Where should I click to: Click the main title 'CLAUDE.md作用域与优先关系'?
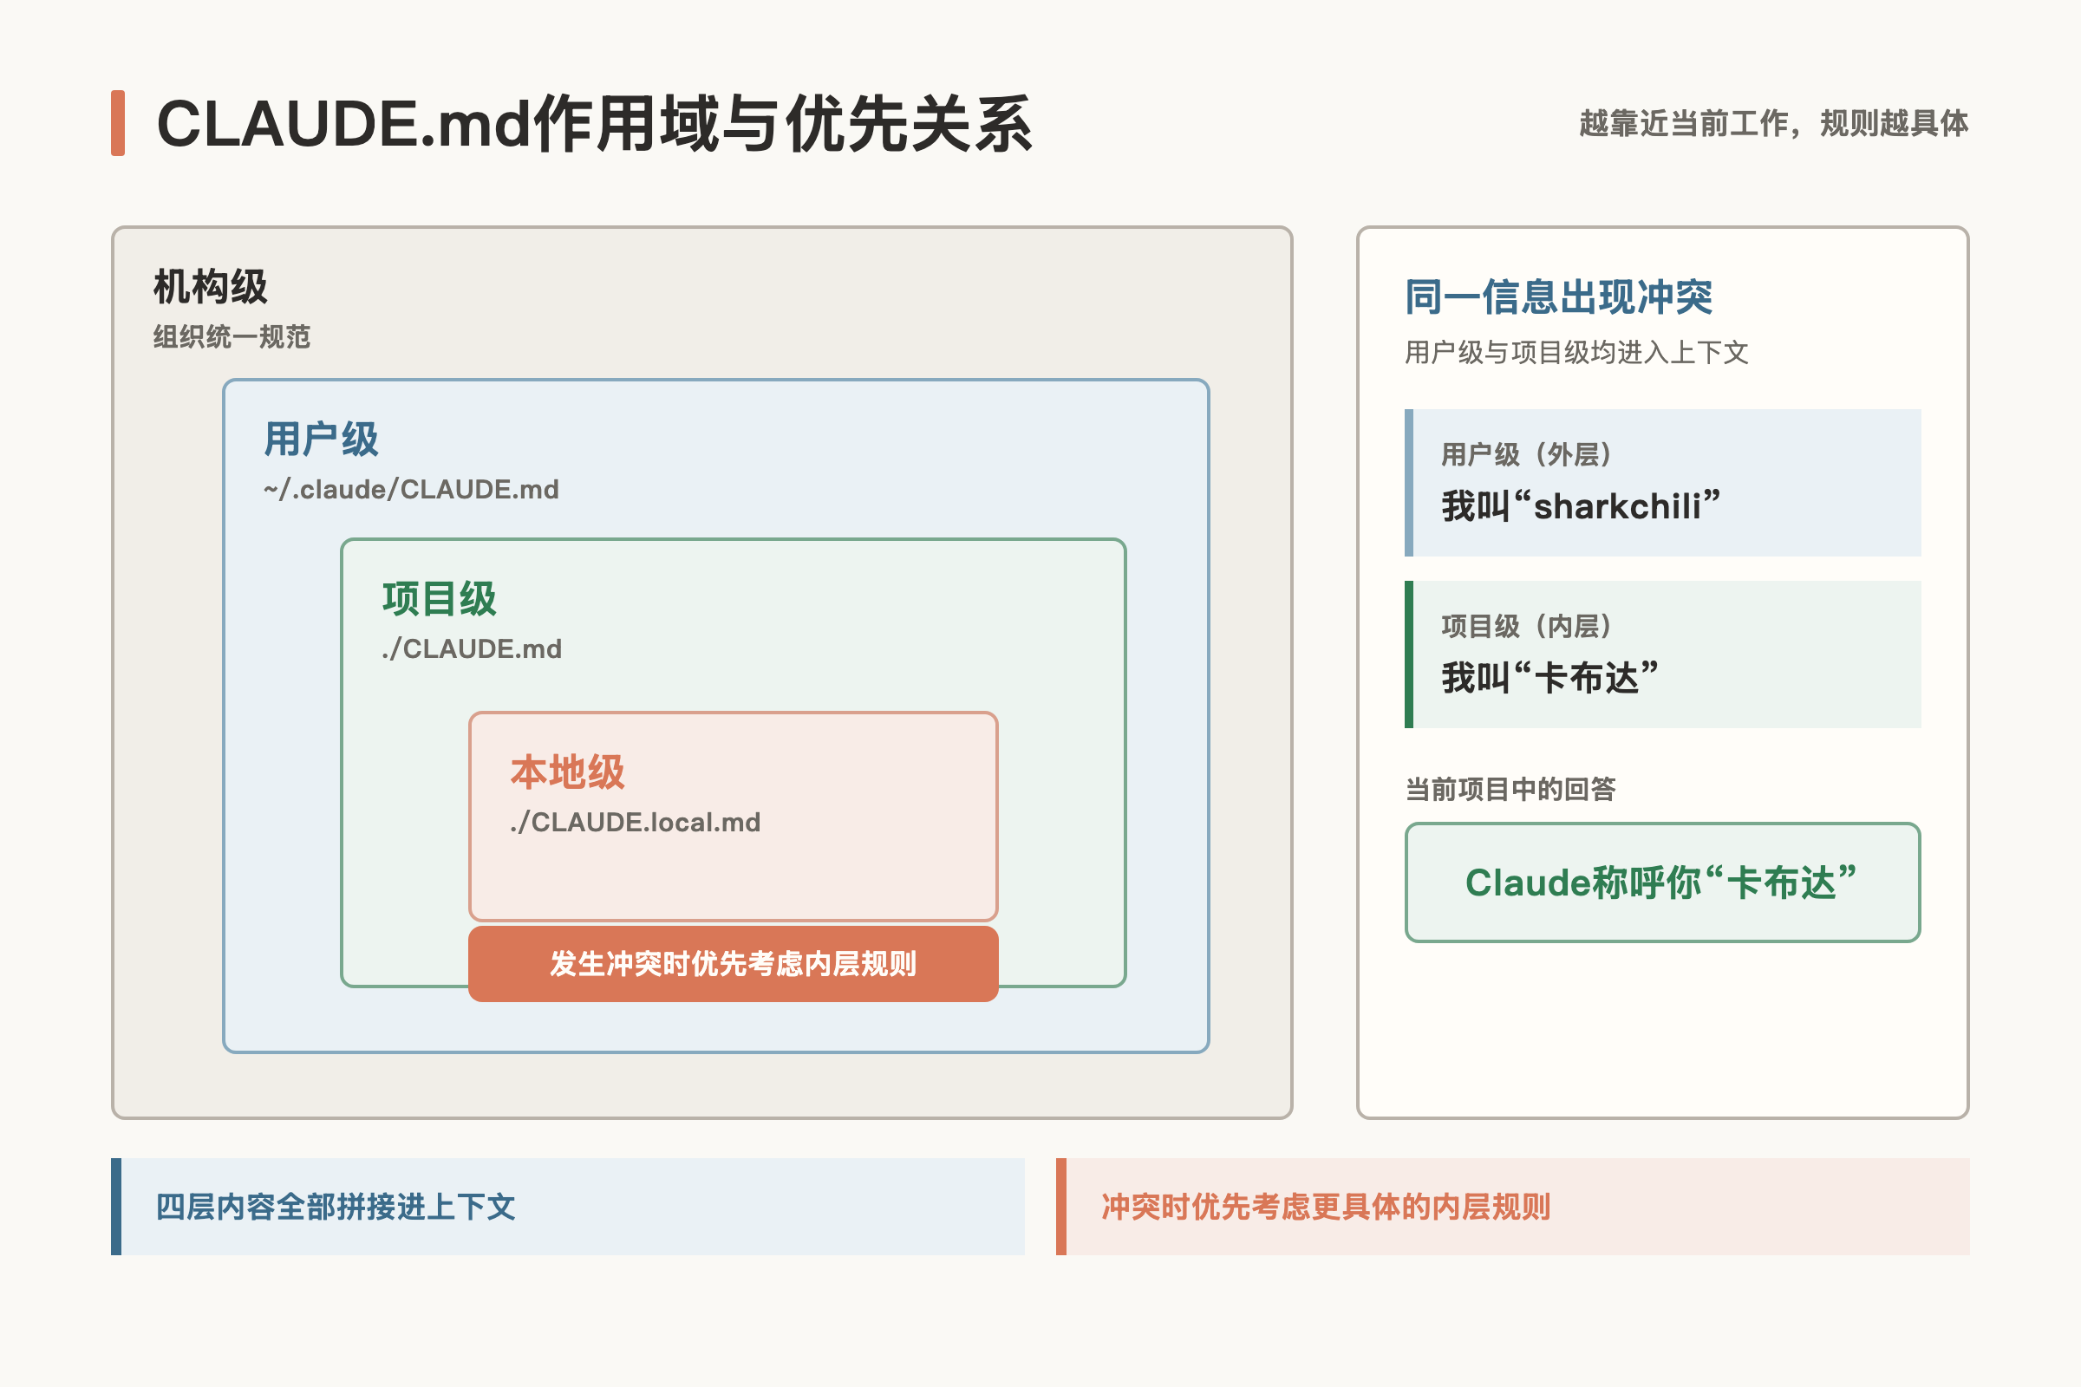pos(594,124)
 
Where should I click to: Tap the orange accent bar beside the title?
pos(118,123)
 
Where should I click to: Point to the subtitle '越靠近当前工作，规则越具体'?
pos(1773,123)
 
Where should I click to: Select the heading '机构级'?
pos(211,287)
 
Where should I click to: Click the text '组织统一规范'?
pos(232,337)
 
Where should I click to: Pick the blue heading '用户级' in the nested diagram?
pos(321,439)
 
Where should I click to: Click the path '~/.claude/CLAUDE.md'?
pos(411,489)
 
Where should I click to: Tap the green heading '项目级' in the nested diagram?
pos(439,598)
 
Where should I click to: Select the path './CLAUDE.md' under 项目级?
pos(472,648)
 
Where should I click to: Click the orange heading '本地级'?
pos(567,772)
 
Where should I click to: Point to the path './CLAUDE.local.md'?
pos(636,822)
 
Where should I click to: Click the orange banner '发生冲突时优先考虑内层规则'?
pos(734,963)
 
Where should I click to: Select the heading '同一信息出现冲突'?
pos(1559,296)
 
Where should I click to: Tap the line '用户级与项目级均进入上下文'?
pos(1576,352)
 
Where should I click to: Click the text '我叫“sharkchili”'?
pos(1581,506)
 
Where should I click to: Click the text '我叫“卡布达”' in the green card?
pos(1550,678)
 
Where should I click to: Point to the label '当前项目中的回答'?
pos(1510,789)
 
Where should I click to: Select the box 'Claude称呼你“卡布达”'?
pos(1662,882)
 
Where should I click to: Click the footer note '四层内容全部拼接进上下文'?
pos(336,1207)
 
